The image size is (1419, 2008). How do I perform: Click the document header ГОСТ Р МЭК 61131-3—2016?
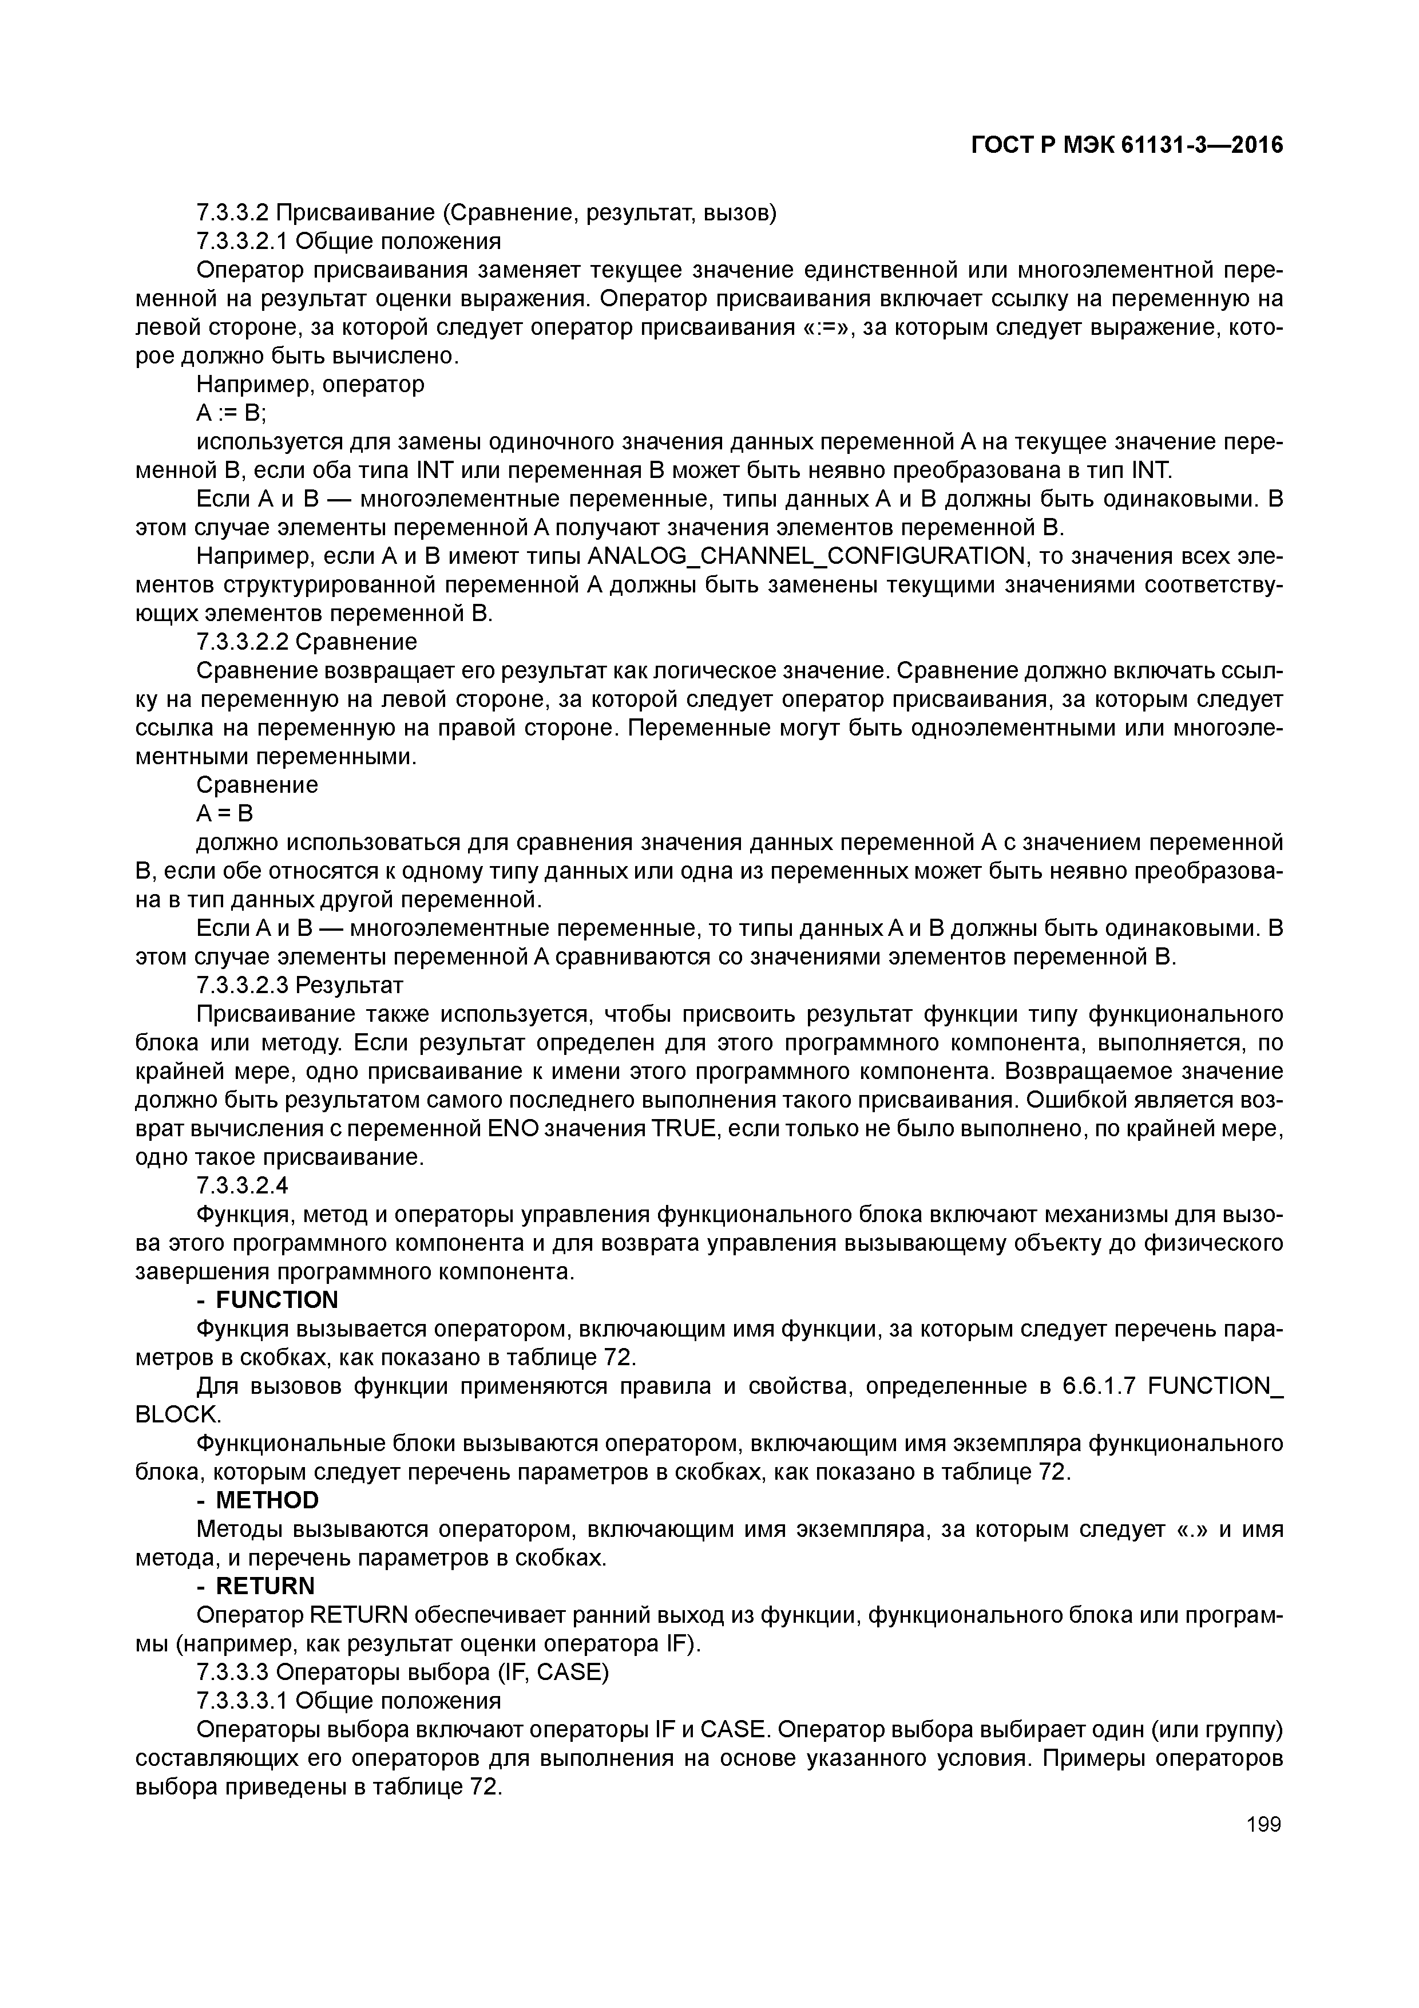1127,145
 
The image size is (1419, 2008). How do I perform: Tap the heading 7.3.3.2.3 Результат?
300,986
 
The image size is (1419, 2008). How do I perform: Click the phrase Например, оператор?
310,385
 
